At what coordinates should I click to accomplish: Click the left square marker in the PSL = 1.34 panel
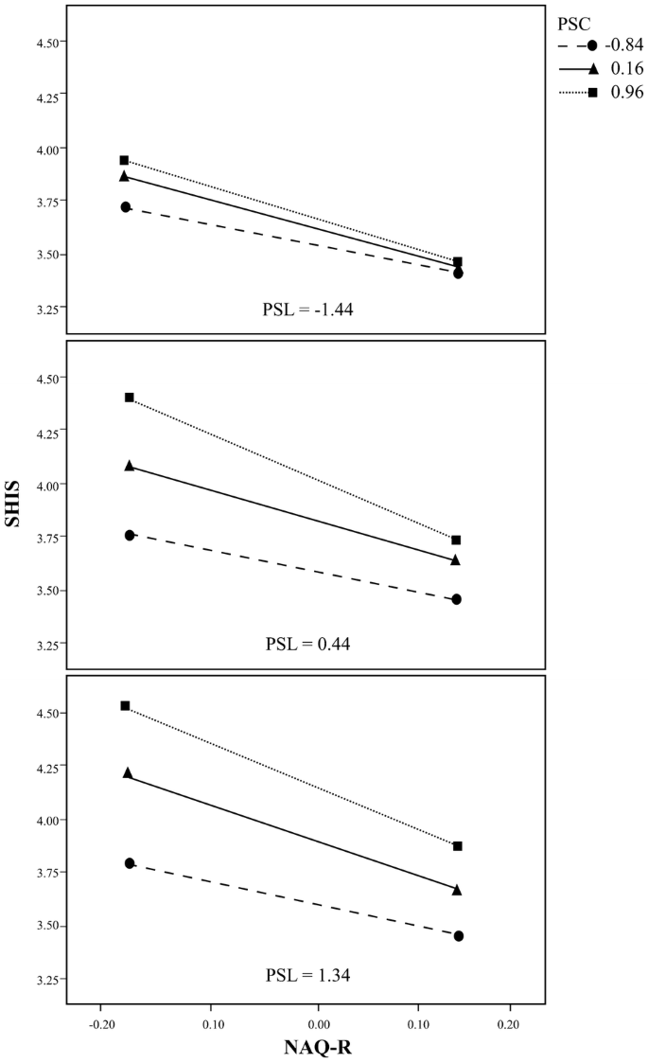125,705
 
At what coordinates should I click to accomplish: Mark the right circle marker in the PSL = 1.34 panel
459,935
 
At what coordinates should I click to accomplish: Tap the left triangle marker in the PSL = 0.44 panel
130,466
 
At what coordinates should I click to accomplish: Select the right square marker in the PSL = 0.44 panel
457,540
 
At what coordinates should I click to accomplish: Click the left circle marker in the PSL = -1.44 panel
126,206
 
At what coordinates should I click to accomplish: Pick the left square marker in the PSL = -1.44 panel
124,160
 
